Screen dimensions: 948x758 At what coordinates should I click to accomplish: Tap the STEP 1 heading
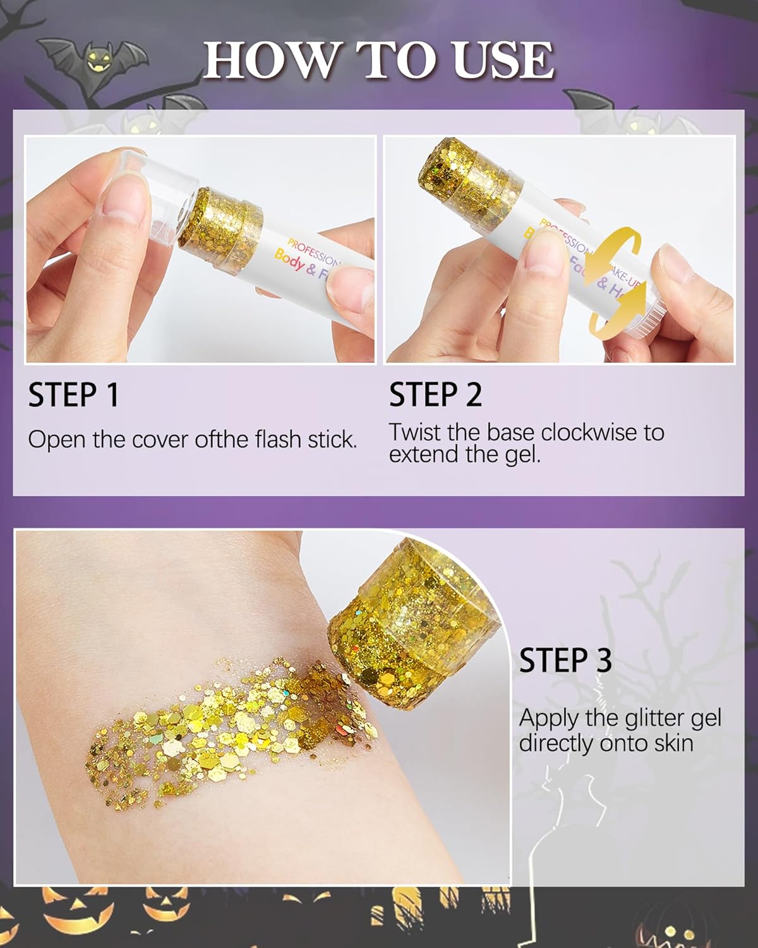pos(73,395)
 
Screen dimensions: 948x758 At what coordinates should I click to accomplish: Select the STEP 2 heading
pos(435,395)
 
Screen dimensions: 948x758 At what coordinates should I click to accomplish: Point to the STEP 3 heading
pos(565,660)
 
